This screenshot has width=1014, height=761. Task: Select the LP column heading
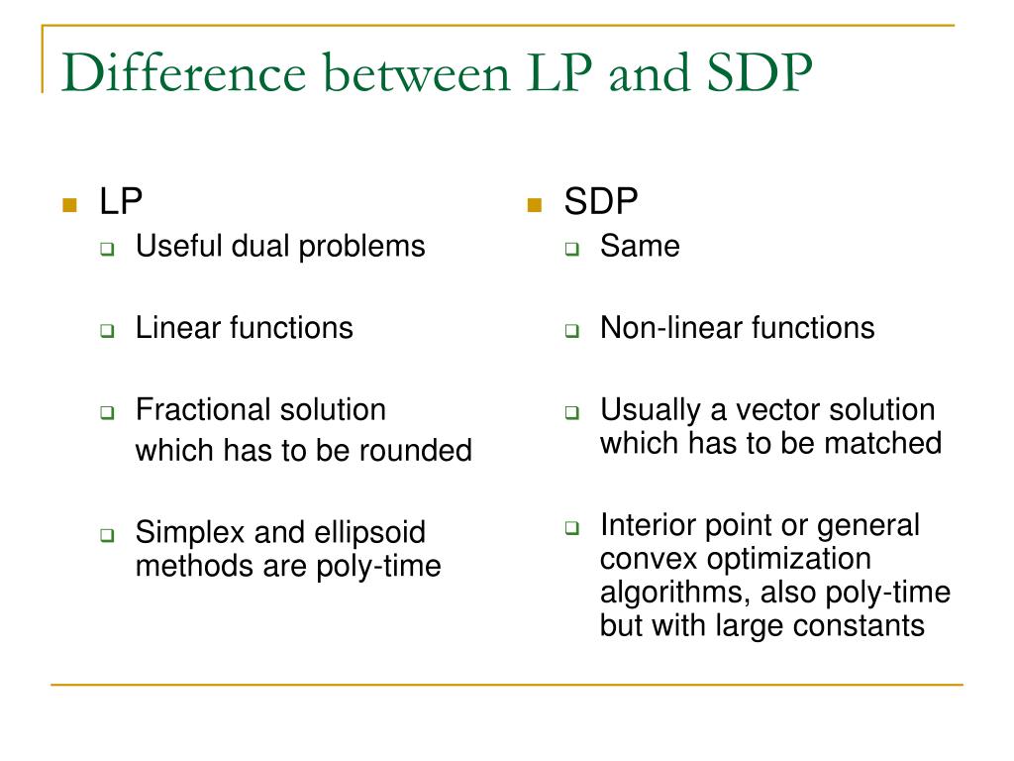(x=121, y=202)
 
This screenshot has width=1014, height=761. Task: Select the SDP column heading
(x=601, y=202)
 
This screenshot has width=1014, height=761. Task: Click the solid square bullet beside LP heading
(x=68, y=205)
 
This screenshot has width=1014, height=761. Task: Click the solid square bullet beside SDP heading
(x=535, y=205)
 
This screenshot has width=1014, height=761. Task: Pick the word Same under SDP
(x=640, y=246)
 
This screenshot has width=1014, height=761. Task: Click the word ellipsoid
(x=368, y=533)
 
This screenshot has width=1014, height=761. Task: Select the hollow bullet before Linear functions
(x=107, y=331)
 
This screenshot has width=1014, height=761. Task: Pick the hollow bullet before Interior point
(x=571, y=527)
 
